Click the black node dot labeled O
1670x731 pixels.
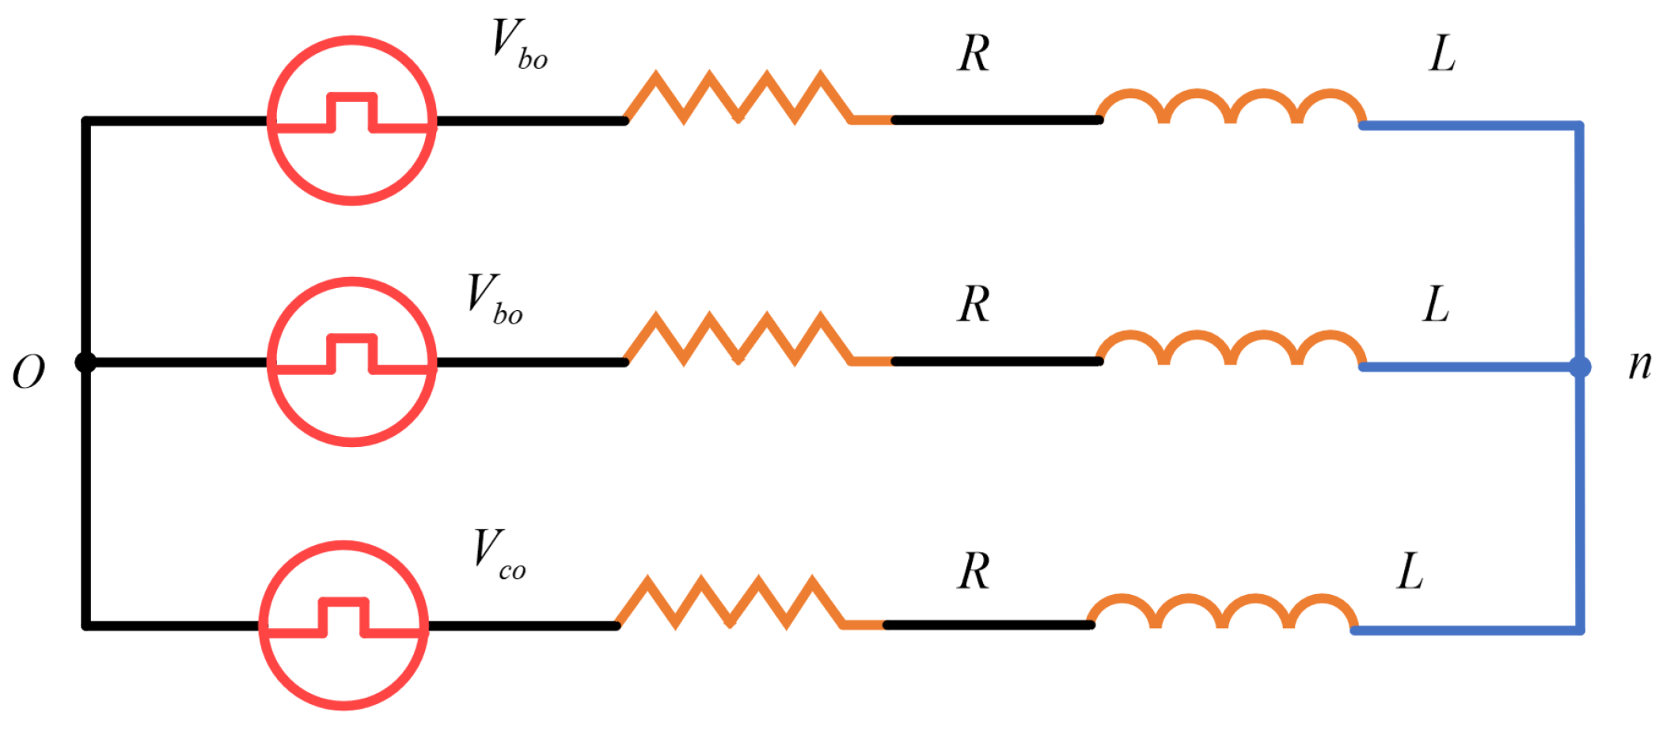(85, 362)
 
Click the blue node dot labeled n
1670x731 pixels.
(1580, 367)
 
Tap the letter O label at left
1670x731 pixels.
(29, 372)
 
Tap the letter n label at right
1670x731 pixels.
(1640, 365)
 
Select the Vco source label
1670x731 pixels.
(499, 555)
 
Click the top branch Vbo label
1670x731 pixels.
(519, 45)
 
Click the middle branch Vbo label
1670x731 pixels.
(495, 300)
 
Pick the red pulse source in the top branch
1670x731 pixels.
(352, 120)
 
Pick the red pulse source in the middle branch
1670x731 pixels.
(352, 362)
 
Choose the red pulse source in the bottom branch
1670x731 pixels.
(344, 625)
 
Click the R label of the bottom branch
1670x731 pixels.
(974, 571)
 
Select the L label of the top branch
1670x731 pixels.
(1442, 55)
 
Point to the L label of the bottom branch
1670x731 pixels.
(1410, 571)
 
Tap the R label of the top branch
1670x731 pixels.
(974, 55)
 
